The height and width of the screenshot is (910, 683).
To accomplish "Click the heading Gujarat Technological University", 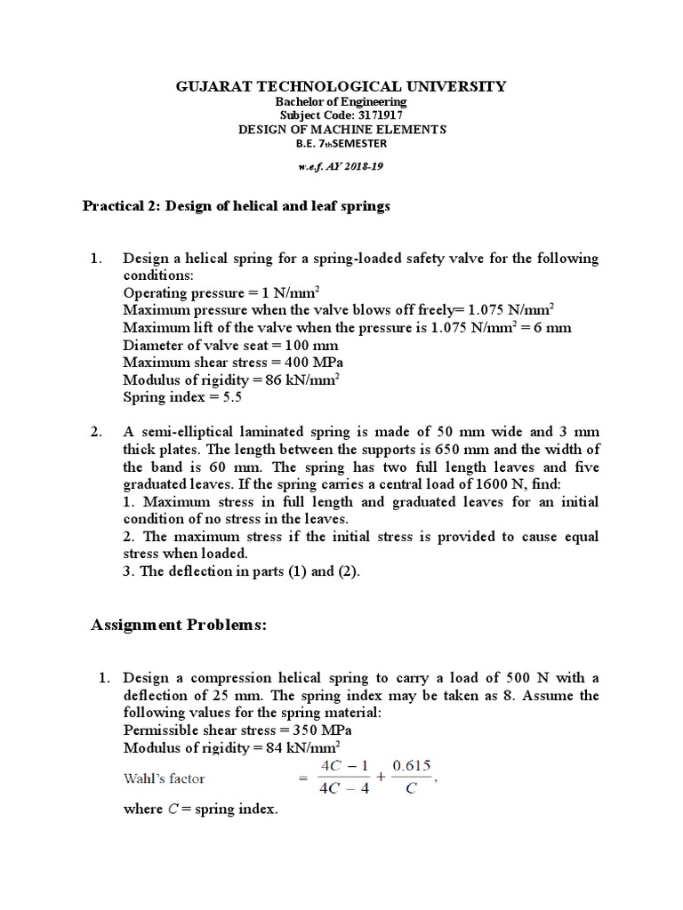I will tap(341, 86).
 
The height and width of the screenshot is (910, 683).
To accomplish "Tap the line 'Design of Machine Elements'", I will tap(341, 129).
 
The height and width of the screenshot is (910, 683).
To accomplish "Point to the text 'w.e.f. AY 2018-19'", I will tap(341, 166).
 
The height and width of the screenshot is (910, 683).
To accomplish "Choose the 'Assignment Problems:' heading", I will tap(179, 626).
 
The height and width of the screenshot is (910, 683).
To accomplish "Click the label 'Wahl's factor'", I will tap(164, 778).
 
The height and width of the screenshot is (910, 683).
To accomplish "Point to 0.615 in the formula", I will tap(408, 767).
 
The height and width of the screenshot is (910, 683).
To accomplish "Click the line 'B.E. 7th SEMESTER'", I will tap(341, 142).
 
